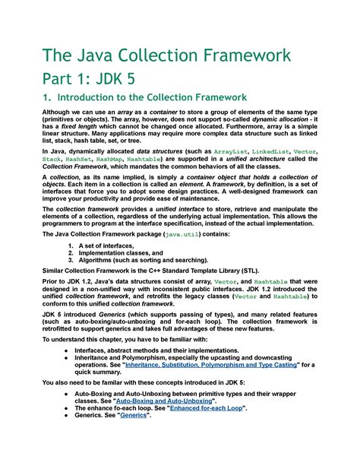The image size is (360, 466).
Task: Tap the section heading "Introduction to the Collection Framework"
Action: [x=152, y=97]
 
